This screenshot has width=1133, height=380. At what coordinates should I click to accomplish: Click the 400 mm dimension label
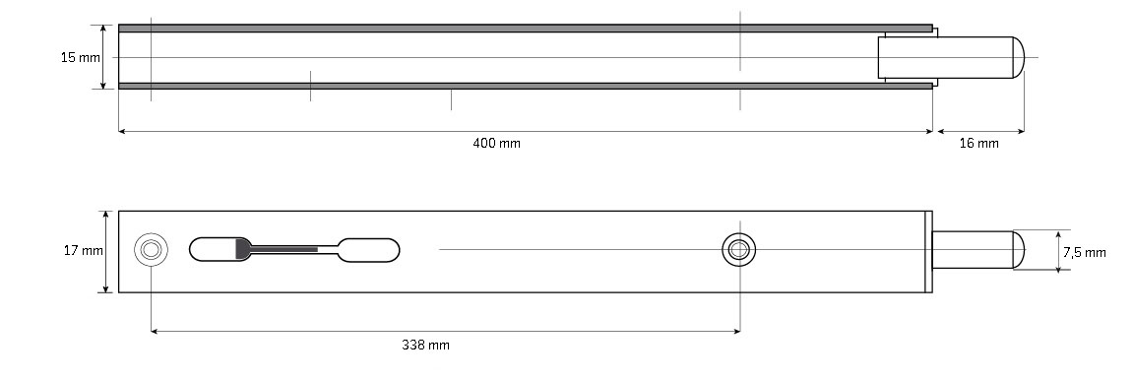point(496,143)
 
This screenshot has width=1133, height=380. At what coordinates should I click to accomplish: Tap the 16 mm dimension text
point(979,143)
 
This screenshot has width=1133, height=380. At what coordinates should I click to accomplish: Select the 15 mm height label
point(80,57)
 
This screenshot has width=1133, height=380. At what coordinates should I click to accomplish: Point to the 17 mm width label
point(83,251)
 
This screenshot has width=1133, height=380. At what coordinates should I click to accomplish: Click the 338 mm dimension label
point(425,345)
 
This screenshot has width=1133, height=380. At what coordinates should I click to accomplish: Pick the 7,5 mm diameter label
point(1085,252)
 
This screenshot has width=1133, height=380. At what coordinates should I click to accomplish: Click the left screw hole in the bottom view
point(151,250)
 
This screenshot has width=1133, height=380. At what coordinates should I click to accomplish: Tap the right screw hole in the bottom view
point(738,250)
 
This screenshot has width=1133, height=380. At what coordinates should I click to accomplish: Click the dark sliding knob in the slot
point(243,249)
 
